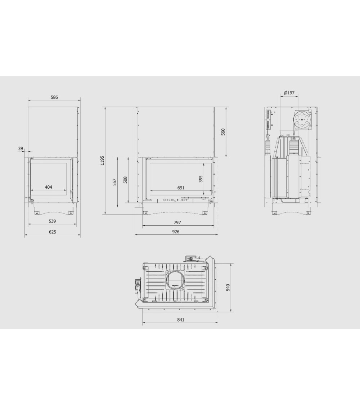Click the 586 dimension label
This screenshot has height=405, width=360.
click(x=54, y=97)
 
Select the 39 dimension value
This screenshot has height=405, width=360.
click(x=21, y=149)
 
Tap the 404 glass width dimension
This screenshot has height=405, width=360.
click(x=49, y=187)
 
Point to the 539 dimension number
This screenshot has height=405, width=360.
click(x=53, y=221)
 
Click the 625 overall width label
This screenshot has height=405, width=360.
click(x=53, y=232)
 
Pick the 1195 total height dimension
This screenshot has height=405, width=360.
click(x=102, y=161)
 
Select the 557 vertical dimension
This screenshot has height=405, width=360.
click(x=115, y=182)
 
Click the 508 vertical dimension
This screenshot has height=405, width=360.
click(x=125, y=180)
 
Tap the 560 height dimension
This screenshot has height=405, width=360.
click(x=223, y=132)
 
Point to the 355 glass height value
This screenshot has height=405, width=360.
click(x=201, y=179)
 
